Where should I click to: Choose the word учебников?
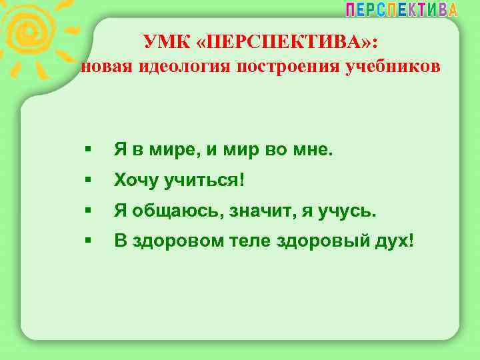(x=389, y=67)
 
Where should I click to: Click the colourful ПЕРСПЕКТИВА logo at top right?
(x=401, y=9)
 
